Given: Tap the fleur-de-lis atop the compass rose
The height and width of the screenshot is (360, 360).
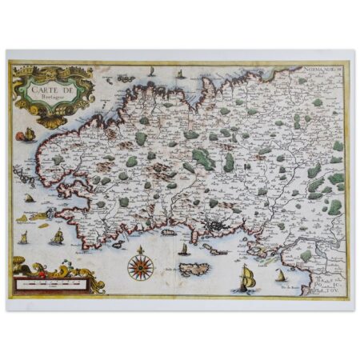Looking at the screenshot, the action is coord(140,247).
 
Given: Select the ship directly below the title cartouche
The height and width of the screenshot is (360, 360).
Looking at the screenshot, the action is coord(30,134).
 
